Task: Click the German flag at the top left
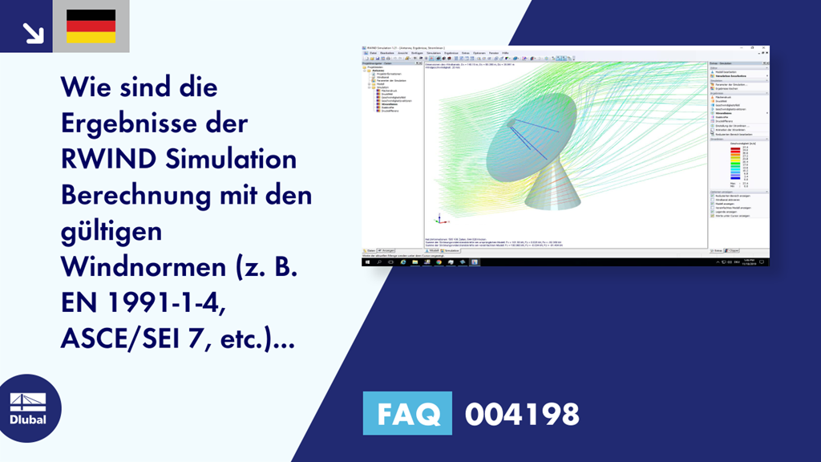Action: [x=91, y=26]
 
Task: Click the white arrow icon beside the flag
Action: [x=33, y=31]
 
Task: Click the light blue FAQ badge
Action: [x=407, y=414]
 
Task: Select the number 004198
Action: [x=522, y=414]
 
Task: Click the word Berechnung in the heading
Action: [x=135, y=195]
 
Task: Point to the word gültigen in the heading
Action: [x=111, y=231]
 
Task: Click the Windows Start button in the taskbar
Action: [x=366, y=261]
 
